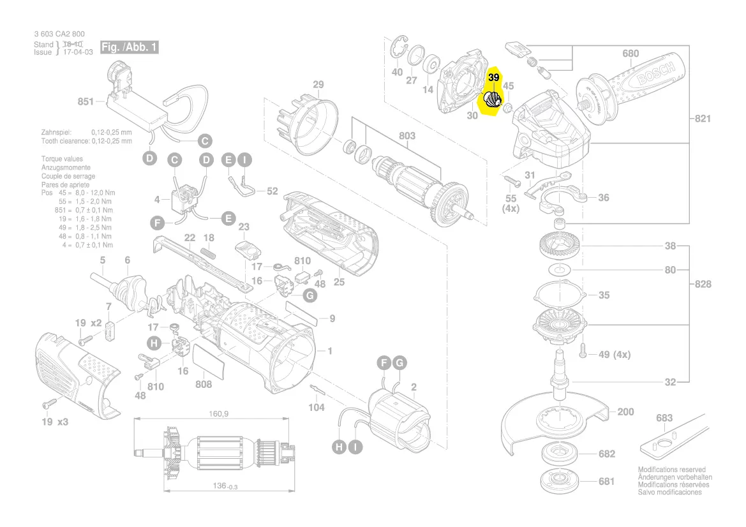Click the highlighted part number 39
coord(493,77)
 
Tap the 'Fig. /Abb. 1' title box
coord(128,48)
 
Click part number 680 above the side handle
coord(630,54)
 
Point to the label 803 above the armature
coord(407,135)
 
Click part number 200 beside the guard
coord(625,412)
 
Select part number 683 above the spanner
coord(664,418)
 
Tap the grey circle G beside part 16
coord(309,295)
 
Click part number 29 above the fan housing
coord(318,85)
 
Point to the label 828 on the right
coord(702,284)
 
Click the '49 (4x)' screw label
coord(613,354)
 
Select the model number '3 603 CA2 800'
coord(59,34)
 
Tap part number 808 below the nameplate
coord(204,384)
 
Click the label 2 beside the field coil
coord(414,387)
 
